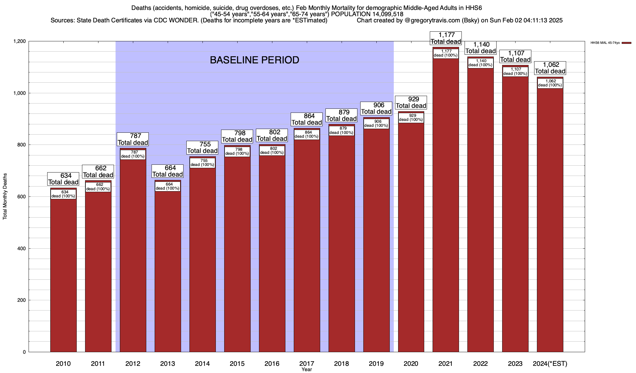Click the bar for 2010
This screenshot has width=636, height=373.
[x=63, y=274]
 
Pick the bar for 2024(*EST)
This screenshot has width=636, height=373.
[x=550, y=218]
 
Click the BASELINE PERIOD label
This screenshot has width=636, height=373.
[x=254, y=60]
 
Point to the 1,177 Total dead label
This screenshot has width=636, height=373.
[x=446, y=38]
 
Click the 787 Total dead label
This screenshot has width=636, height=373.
[x=133, y=139]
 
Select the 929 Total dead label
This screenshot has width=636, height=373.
[x=411, y=103]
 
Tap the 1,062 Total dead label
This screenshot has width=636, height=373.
[x=550, y=68]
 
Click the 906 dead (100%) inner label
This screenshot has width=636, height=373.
[x=376, y=124]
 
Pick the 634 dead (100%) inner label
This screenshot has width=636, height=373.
[x=63, y=194]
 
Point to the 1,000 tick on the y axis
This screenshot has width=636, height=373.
[x=19, y=93]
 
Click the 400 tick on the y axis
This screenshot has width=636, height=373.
[x=21, y=249]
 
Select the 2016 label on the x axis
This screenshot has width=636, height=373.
[x=272, y=364]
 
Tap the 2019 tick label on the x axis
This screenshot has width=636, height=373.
[x=376, y=364]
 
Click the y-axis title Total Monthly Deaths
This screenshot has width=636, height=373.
[x=5, y=196]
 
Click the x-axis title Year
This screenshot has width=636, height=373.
[x=307, y=370]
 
